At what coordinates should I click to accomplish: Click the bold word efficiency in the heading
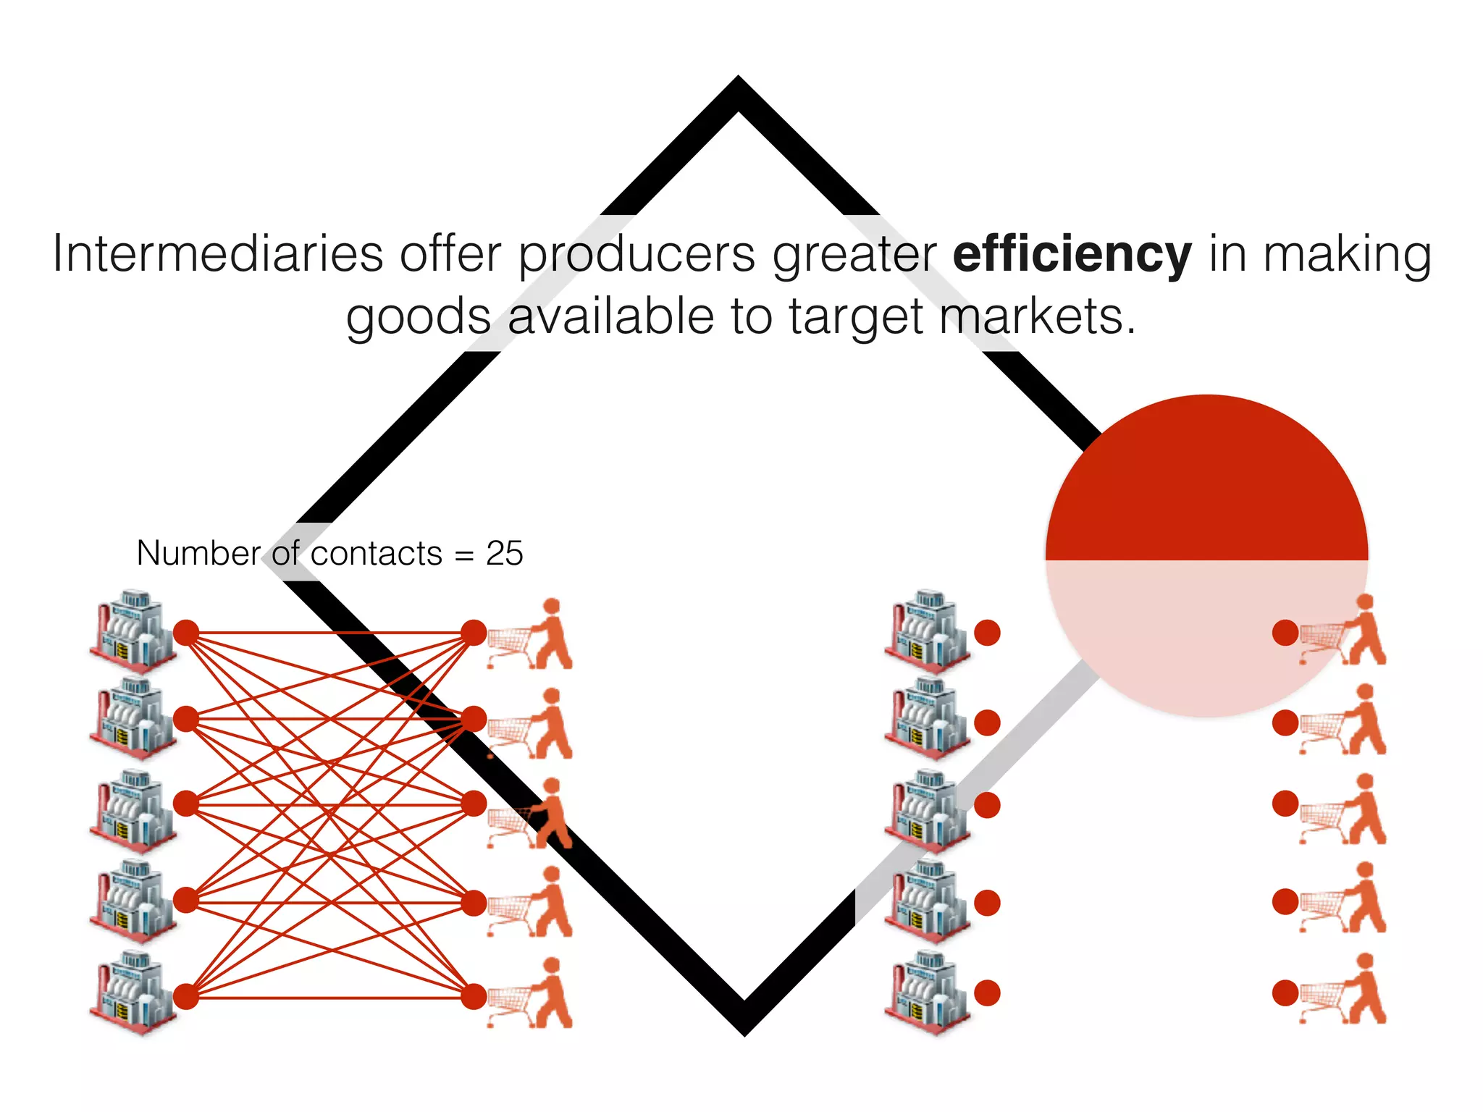point(1072,254)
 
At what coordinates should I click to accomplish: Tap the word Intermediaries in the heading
point(217,254)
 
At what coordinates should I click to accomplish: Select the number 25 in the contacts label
point(504,554)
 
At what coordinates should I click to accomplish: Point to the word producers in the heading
point(637,254)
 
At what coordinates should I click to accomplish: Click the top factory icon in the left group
point(133,631)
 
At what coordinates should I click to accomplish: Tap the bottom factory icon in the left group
point(133,993)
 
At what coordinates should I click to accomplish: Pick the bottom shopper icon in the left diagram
point(532,993)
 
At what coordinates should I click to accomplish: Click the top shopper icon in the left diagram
point(532,633)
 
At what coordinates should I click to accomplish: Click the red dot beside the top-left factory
point(186,633)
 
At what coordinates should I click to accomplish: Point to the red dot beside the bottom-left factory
point(186,997)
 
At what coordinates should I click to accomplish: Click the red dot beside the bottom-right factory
point(987,993)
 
